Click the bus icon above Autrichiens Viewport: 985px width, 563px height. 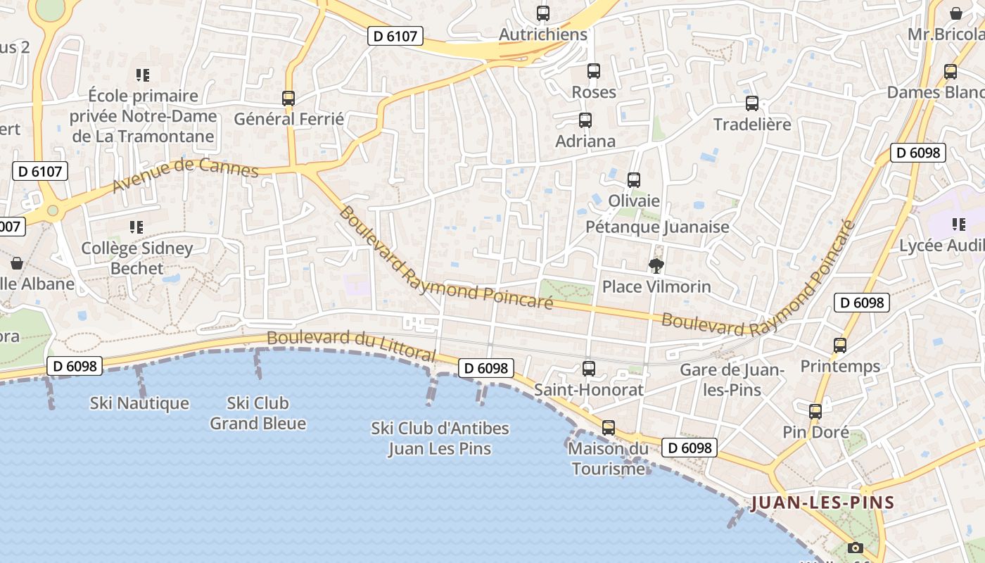(542, 13)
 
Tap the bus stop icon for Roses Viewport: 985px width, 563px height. (593, 71)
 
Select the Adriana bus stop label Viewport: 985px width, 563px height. (585, 141)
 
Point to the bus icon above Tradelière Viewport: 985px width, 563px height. (751, 103)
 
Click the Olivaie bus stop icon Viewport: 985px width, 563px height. (633, 180)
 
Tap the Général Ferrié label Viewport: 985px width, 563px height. (288, 119)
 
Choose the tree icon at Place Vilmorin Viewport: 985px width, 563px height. (656, 266)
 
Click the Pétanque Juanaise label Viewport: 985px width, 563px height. (657, 227)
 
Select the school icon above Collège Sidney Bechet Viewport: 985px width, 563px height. (136, 227)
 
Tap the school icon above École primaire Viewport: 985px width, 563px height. (143, 75)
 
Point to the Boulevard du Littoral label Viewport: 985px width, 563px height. (351, 344)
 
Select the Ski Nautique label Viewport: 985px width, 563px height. (139, 403)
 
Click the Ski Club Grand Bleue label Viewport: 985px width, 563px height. (258, 413)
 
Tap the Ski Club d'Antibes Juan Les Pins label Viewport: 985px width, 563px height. (440, 438)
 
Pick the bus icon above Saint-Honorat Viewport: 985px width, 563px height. (588, 369)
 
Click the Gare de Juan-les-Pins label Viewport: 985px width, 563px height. (732, 379)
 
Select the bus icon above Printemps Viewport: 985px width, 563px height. (839, 346)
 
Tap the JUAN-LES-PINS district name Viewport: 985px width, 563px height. (822, 503)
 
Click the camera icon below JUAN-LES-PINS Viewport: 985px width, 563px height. (855, 548)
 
